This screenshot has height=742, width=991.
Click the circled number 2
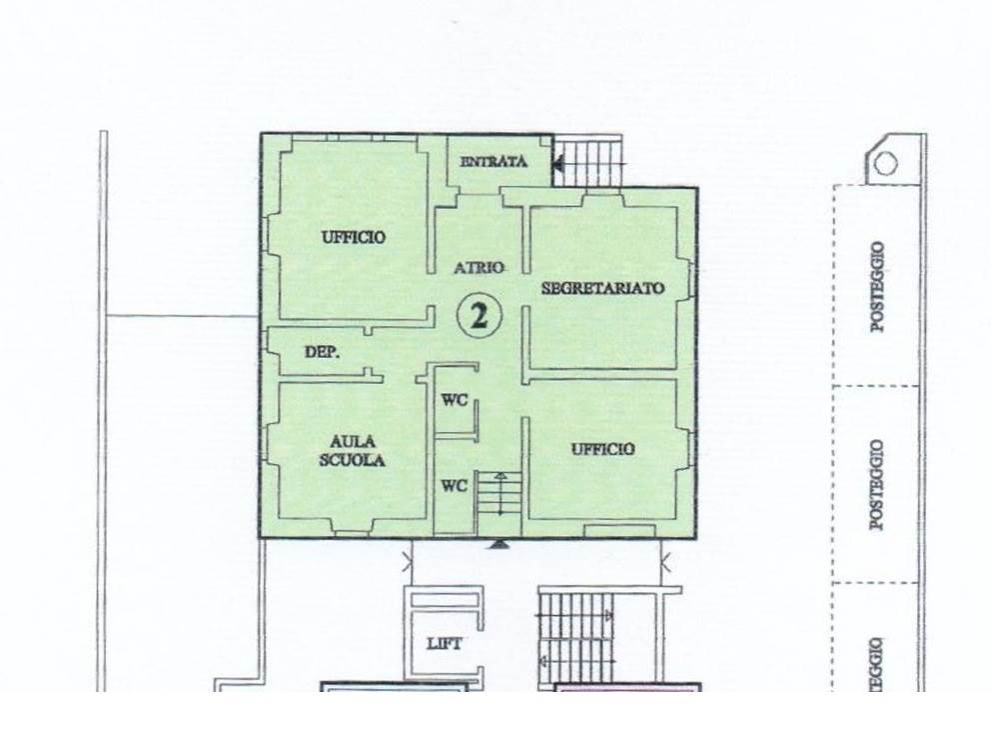[480, 316]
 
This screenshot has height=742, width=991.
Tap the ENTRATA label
[495, 161]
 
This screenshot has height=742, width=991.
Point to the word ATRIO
[480, 268]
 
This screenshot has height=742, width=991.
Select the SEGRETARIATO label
[603, 288]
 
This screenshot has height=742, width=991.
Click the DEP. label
[323, 352]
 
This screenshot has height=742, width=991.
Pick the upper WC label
[455, 400]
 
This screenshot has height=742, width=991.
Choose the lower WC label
[455, 486]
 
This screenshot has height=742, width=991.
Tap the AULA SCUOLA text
[352, 451]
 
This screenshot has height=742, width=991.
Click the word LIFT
[445, 644]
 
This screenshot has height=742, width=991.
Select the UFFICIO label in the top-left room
[354, 237]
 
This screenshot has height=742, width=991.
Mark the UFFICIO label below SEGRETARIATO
[603, 449]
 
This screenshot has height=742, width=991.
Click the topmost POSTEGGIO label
[877, 287]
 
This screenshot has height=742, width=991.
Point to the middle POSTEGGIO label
[877, 485]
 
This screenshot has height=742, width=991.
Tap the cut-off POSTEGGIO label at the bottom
[877, 664]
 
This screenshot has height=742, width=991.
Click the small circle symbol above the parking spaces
[885, 163]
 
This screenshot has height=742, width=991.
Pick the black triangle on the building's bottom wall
[499, 543]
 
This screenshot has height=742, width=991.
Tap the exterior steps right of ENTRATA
[587, 161]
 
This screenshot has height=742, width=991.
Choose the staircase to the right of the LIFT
[576, 636]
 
